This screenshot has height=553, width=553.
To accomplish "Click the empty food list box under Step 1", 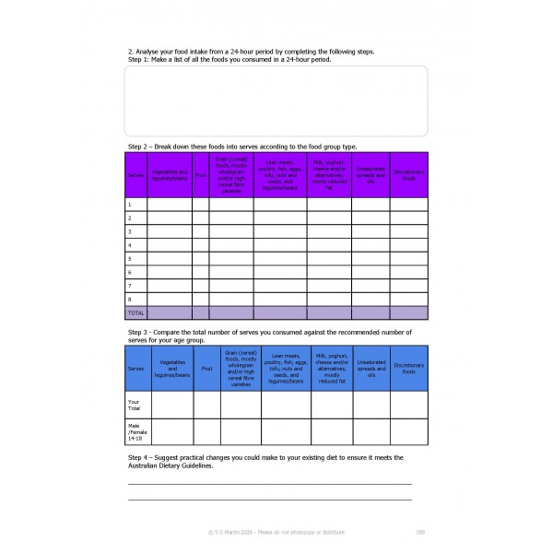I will [276, 100].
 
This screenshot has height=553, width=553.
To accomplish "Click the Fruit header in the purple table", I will [200, 175].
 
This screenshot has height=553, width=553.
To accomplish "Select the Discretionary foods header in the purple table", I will [408, 175].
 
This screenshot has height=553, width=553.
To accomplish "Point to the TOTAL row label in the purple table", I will [135, 313].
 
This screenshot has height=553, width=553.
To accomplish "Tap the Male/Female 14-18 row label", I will [136, 432].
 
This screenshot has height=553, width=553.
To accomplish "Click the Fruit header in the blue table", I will [206, 368].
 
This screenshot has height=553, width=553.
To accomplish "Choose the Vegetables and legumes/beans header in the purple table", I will [169, 175].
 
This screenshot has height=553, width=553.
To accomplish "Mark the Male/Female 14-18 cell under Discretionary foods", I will [409, 432].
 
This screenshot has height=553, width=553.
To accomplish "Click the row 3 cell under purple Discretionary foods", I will [408, 231].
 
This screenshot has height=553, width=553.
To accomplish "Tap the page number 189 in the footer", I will [420, 532].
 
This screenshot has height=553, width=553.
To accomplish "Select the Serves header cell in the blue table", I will [135, 368].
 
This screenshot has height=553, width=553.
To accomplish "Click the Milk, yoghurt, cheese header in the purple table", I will [329, 173].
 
